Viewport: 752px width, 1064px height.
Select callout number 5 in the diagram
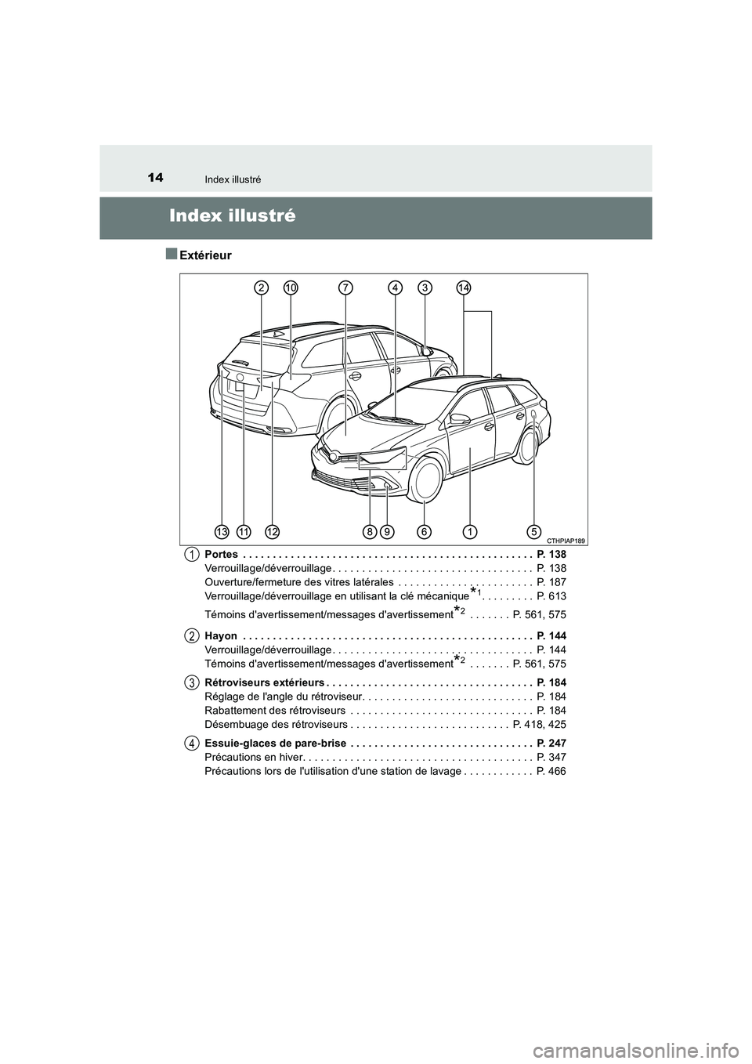pos(534,532)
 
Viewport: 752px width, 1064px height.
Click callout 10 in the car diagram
pos(291,288)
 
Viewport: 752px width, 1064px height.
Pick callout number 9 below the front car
pos(387,532)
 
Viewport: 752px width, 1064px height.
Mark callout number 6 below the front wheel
pos(424,532)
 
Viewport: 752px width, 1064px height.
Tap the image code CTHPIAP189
pos(566,541)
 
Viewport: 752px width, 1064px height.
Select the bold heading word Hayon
pos(220,635)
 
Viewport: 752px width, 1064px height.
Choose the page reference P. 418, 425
pos(540,725)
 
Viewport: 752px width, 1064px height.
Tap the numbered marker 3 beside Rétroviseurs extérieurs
pos(191,682)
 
